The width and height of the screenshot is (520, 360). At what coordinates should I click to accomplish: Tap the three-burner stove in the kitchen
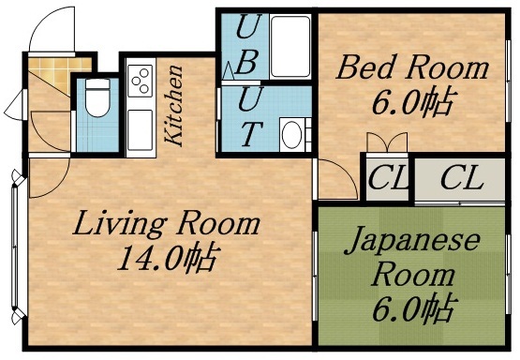pyautogui.click(x=141, y=81)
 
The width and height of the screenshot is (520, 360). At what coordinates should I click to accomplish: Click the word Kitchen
pyautogui.click(x=174, y=104)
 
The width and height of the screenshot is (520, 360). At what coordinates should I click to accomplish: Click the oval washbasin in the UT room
pyautogui.click(x=292, y=134)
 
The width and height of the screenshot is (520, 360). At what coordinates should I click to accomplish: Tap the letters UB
pyautogui.click(x=247, y=47)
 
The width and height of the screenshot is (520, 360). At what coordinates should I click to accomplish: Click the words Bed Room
pyautogui.click(x=413, y=67)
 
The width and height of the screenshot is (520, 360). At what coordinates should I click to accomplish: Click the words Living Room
pyautogui.click(x=167, y=225)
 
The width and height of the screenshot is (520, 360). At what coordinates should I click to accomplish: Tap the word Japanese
pyautogui.click(x=411, y=241)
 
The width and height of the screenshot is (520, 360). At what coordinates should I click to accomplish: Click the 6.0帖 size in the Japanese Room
pyautogui.click(x=412, y=307)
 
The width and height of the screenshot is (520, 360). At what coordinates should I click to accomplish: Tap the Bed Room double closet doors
pyautogui.click(x=387, y=143)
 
